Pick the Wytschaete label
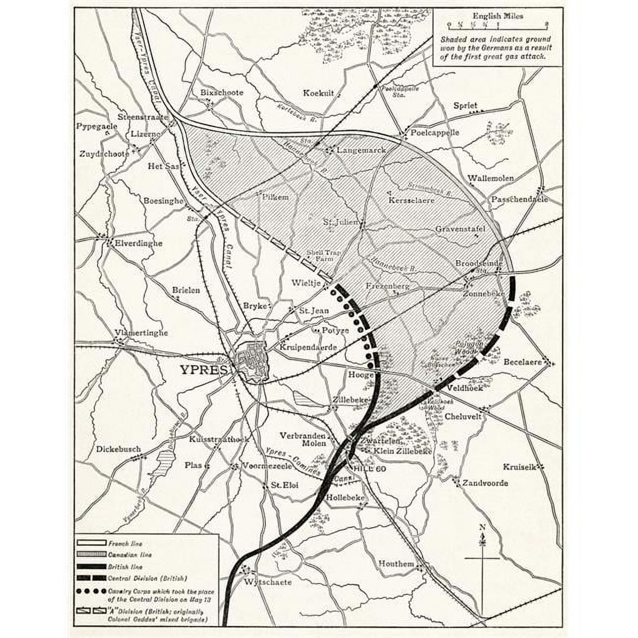point(267,583)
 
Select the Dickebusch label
point(119,449)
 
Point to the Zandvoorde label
point(484,483)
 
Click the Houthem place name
point(397,564)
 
